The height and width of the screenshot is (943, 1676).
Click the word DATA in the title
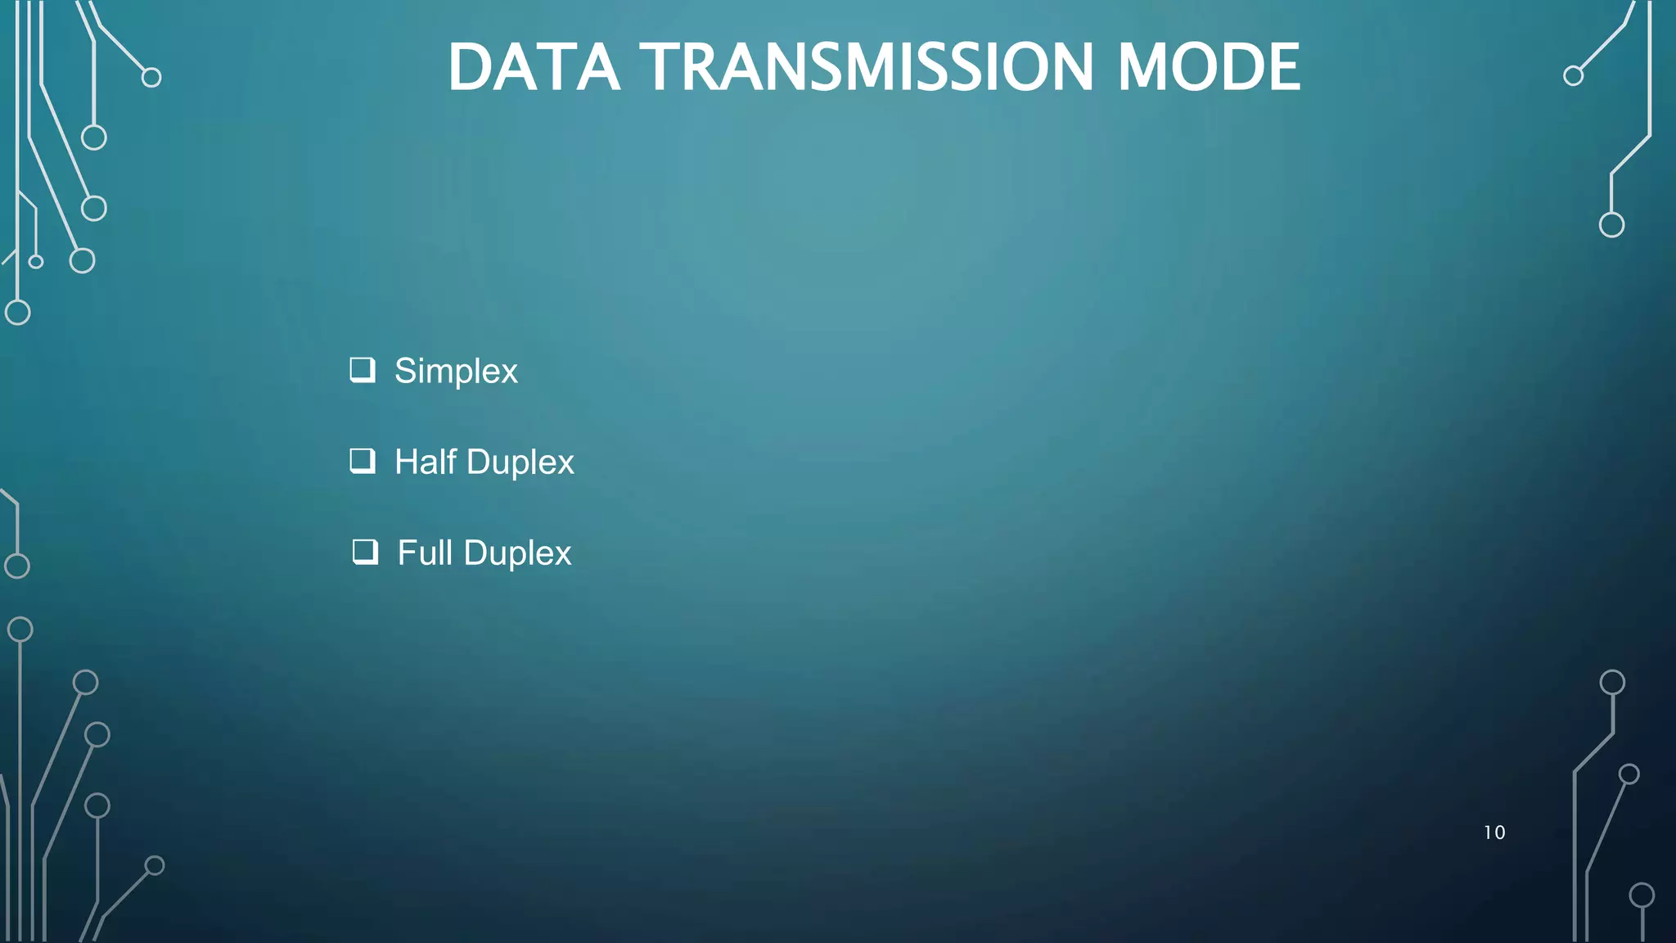pos(534,67)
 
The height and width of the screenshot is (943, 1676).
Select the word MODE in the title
pos(1209,67)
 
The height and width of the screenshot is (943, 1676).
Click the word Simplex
pos(456,372)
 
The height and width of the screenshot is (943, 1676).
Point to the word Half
pos(426,462)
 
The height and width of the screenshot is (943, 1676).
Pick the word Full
pos(425,553)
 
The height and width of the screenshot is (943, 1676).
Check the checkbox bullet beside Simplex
pos(363,370)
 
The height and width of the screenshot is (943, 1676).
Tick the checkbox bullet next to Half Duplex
pos(363,461)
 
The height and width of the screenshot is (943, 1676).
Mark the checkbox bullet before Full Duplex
pos(365,552)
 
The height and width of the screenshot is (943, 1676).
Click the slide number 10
pos(1494,832)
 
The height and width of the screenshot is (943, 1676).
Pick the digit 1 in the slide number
pos(1488,832)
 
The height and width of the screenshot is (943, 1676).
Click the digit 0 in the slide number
pos(1499,832)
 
